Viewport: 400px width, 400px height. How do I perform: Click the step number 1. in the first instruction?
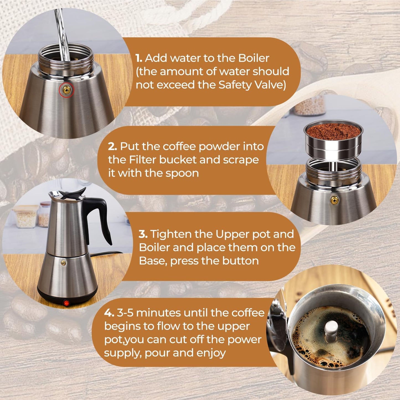[x=139, y=58]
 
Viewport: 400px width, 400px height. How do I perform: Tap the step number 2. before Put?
[x=112, y=146]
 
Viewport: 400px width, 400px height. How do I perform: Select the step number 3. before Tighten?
[x=143, y=234]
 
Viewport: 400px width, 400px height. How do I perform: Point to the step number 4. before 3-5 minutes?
[x=109, y=313]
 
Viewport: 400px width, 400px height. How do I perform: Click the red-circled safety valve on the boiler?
[x=66, y=89]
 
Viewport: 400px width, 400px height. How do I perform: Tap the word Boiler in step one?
[x=254, y=58]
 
